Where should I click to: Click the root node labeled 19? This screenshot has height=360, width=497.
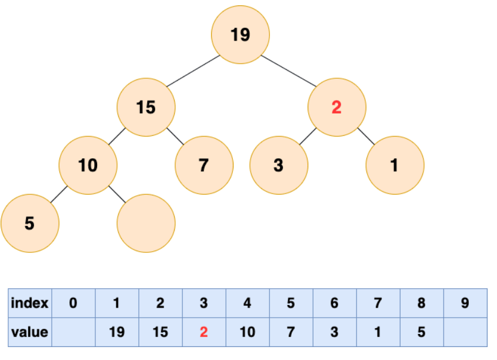point(241,35)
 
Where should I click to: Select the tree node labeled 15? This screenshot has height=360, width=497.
point(146,107)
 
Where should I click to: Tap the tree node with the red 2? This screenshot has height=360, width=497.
point(337,107)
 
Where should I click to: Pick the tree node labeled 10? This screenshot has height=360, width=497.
point(88,165)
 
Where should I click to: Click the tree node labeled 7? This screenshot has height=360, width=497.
point(204,165)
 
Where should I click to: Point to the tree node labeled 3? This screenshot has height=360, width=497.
point(279,165)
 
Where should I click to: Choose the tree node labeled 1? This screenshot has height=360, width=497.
point(395,165)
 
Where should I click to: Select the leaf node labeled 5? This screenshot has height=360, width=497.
point(30,224)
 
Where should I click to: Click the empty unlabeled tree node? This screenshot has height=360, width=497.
point(146,224)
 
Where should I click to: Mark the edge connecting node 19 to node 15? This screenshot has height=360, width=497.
point(194,71)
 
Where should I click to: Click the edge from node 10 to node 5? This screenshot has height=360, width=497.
point(59,194)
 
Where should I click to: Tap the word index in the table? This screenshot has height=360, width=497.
point(29,303)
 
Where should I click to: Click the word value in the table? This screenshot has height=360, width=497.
point(29,332)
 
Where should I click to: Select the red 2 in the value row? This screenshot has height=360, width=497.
point(204,332)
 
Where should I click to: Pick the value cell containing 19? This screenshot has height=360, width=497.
point(117,332)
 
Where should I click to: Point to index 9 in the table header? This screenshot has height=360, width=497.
point(465,303)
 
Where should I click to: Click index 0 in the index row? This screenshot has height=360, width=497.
point(73,303)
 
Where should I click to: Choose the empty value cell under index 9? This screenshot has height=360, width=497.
point(466,332)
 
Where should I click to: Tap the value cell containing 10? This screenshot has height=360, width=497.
point(248,332)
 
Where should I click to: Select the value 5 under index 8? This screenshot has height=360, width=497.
point(422,332)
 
